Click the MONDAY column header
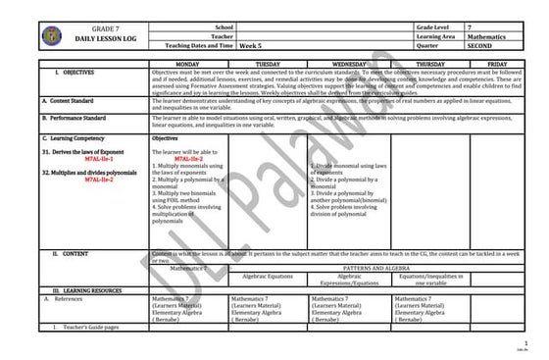tap(187, 63)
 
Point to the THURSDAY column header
tap(429, 63)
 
